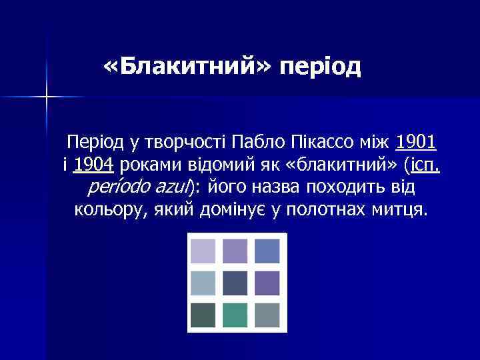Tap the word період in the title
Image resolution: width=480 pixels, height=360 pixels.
[321, 67]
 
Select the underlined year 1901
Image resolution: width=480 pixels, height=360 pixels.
[416, 141]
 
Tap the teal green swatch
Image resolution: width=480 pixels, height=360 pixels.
[237, 314]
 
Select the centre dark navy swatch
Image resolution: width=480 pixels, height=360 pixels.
[237, 283]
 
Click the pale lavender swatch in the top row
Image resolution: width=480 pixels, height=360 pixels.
[203, 251]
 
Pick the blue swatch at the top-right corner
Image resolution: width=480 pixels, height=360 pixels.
[268, 251]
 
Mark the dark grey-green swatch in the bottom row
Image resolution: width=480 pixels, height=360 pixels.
[203, 314]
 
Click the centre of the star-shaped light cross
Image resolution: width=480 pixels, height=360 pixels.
[47, 97]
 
